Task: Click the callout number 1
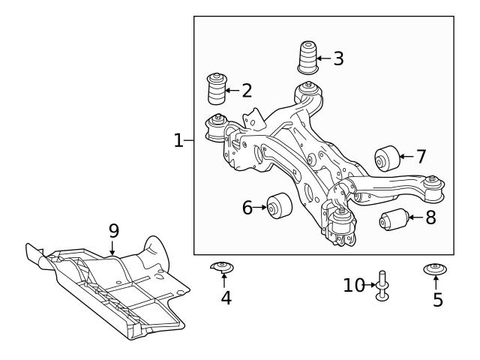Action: pyautogui.click(x=178, y=140)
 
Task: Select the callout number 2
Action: pyautogui.click(x=247, y=91)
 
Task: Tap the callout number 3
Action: pyautogui.click(x=338, y=58)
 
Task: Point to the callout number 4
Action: pyautogui.click(x=226, y=298)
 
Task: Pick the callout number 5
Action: pyautogui.click(x=437, y=300)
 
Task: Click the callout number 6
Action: pyautogui.click(x=247, y=208)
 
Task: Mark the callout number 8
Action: pyautogui.click(x=430, y=218)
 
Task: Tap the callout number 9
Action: pyautogui.click(x=113, y=230)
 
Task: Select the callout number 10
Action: pyautogui.click(x=354, y=286)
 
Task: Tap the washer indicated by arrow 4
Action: pyautogui.click(x=223, y=267)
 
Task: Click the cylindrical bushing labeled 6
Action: pyautogui.click(x=280, y=205)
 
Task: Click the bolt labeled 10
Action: pyautogui.click(x=383, y=286)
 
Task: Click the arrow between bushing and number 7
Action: pyautogui.click(x=405, y=157)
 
